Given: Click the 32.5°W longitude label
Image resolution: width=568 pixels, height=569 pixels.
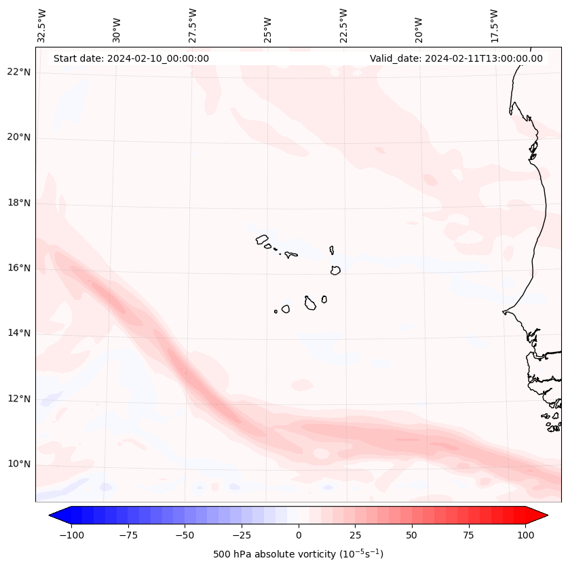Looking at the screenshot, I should click(42, 26).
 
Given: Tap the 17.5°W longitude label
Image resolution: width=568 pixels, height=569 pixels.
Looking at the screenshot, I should click(494, 26).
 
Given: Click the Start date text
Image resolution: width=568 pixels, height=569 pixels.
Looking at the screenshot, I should click(131, 58).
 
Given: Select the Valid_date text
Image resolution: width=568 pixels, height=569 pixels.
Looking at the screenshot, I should click(456, 58).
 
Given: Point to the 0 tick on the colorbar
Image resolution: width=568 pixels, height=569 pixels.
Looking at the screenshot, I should click(299, 535).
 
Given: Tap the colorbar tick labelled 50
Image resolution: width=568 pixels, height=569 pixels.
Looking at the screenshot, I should click(412, 535).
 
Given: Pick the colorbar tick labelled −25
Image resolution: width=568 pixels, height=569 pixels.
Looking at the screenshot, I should click(242, 535).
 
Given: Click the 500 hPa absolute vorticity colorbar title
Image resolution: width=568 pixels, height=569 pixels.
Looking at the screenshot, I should click(299, 554).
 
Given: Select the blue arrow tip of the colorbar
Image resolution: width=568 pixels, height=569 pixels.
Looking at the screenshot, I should click(56, 515).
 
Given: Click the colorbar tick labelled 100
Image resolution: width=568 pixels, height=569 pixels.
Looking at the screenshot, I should click(525, 535).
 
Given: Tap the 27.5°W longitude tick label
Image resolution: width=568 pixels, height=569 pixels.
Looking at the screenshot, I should click(193, 26).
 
